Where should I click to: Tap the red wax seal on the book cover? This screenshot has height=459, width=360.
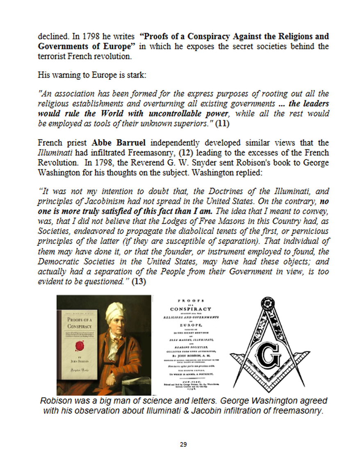77,348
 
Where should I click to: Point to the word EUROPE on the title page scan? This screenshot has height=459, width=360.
191,324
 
